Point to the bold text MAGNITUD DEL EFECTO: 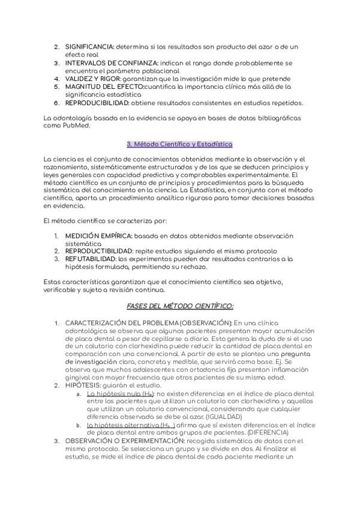pyautogui.click(x=104, y=86)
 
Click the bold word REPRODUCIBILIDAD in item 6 pyautogui.click(x=97, y=103)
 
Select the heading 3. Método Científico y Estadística pyautogui.click(x=179, y=144)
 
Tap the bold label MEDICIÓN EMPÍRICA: pyautogui.click(x=100, y=236)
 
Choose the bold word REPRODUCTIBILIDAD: pyautogui.click(x=98, y=251)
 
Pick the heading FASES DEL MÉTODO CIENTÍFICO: pyautogui.click(x=180, y=306)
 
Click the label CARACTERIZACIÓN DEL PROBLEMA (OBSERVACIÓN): pyautogui.click(x=148, y=323)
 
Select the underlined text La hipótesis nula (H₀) pyautogui.click(x=120, y=393)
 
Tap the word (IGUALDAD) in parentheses pyautogui.click(x=224, y=416)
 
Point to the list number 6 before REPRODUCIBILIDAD pyautogui.click(x=56, y=103)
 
